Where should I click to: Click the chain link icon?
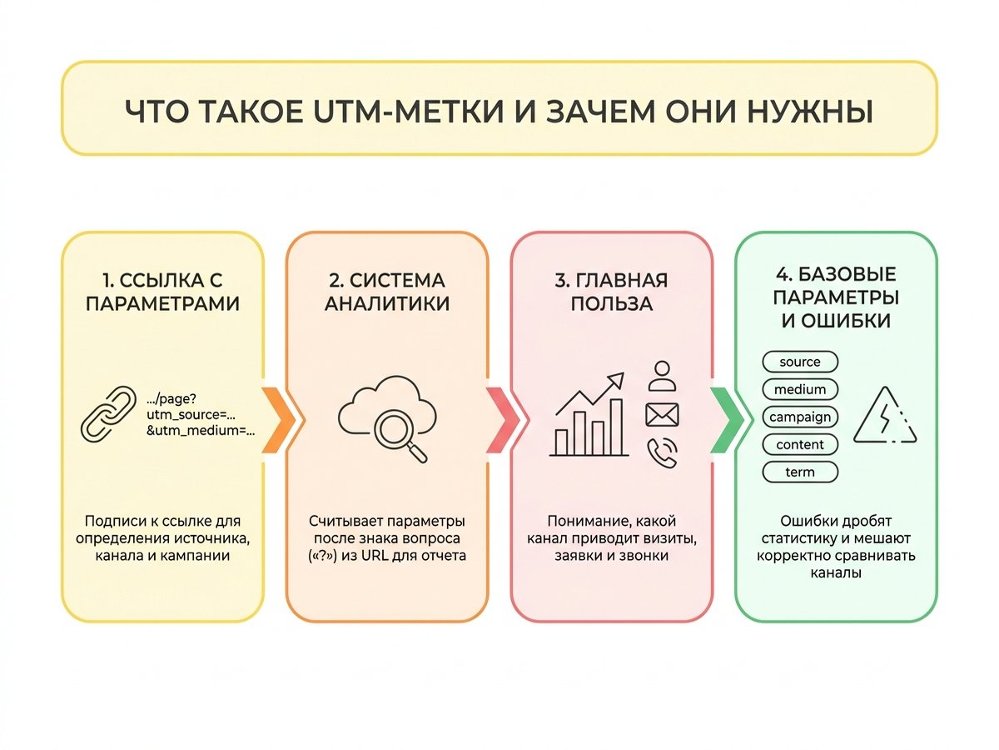click(x=108, y=413)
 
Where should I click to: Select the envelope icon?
click(x=662, y=415)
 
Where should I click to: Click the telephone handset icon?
click(x=662, y=452)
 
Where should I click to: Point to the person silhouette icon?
click(x=662, y=376)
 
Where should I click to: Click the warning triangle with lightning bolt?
click(x=885, y=415)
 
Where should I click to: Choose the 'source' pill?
click(x=800, y=362)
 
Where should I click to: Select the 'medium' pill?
click(x=800, y=389)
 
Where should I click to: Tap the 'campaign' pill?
click(x=800, y=417)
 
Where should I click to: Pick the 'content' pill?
click(x=800, y=444)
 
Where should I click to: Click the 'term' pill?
click(x=800, y=472)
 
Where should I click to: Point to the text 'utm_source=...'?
click(x=191, y=415)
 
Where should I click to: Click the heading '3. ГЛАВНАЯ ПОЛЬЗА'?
click(x=611, y=292)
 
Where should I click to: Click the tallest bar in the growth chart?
click(x=616, y=427)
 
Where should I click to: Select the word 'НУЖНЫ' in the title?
click(x=810, y=111)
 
